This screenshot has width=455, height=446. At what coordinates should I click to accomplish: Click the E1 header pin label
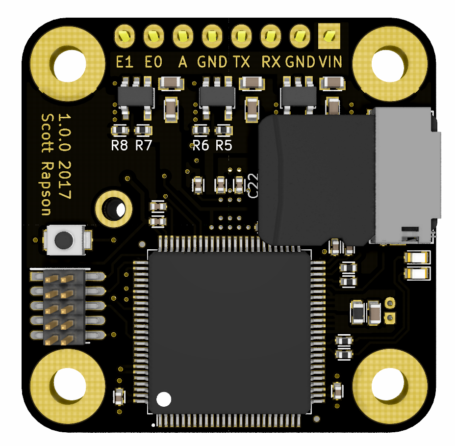pyautogui.click(x=125, y=62)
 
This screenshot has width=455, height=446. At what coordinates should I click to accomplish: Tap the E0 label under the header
pyautogui.click(x=153, y=62)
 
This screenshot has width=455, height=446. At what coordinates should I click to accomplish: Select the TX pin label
pyautogui.click(x=241, y=62)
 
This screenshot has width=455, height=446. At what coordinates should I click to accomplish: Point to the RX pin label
pyautogui.click(x=271, y=62)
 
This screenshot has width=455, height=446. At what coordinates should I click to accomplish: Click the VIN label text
pyautogui.click(x=330, y=62)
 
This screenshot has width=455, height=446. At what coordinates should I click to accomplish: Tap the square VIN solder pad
pyautogui.click(x=329, y=36)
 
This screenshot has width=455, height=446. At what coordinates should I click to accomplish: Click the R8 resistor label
pyautogui.click(x=119, y=145)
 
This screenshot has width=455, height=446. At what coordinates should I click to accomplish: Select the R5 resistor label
pyautogui.click(x=224, y=145)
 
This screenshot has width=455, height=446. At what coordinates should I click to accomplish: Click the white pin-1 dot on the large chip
pyautogui.click(x=164, y=398)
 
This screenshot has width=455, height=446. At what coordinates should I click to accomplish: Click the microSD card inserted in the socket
pyautogui.click(x=314, y=179)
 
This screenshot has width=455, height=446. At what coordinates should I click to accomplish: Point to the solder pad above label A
pyautogui.click(x=182, y=36)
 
